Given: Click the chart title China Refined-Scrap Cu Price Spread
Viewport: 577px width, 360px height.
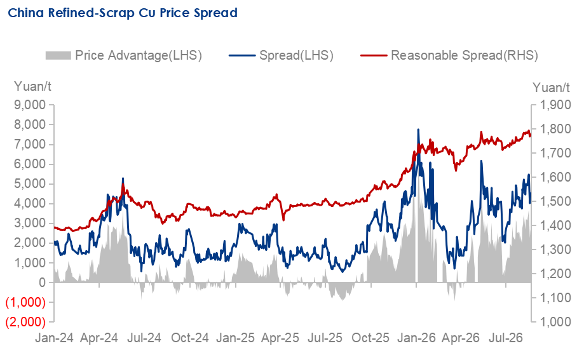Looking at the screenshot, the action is coord(123,13).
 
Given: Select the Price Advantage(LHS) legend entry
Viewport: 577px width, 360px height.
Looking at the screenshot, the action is coord(124,55).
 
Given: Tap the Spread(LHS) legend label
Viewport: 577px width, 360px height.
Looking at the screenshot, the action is coord(296,55).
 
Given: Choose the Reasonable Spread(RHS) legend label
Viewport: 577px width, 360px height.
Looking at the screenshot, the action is coord(465,55).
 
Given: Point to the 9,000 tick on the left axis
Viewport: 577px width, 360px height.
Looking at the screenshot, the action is coord(30,105).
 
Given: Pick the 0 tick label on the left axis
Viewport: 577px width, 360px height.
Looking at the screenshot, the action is coord(43,283).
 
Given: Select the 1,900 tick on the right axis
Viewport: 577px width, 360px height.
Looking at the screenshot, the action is coord(555,105).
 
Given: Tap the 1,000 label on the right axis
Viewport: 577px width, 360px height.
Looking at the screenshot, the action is coord(555,322).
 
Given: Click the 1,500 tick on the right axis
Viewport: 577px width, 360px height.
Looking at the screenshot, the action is coord(555,201).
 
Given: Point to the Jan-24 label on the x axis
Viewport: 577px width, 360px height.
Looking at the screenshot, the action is coord(54,338).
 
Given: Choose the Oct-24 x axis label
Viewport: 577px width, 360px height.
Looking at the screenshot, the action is coord(190,338).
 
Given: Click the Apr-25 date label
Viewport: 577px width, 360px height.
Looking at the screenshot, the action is coord(280,338).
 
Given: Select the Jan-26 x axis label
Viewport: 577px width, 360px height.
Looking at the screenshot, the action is coord(416,338).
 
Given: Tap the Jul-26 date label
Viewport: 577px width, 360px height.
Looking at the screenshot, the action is coord(506,338).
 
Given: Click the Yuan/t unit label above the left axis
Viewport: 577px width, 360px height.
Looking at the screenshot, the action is coord(32,86).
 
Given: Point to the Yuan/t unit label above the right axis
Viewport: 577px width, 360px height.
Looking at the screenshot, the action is coord(551,88).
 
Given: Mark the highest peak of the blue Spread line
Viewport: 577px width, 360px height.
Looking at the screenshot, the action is coord(418,130).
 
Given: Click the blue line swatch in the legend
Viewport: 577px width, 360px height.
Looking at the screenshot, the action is coord(242,55).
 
